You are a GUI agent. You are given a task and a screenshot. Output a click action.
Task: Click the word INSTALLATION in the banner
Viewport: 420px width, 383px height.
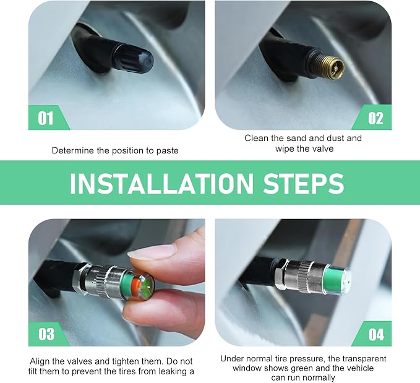click(x=161, y=184)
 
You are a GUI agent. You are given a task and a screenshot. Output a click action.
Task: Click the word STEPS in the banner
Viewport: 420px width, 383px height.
click(x=304, y=184)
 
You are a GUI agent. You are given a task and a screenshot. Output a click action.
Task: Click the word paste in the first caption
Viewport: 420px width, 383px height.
click(x=168, y=150)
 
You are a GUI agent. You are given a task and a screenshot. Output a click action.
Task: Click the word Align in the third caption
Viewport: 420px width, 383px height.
click(x=40, y=361)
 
